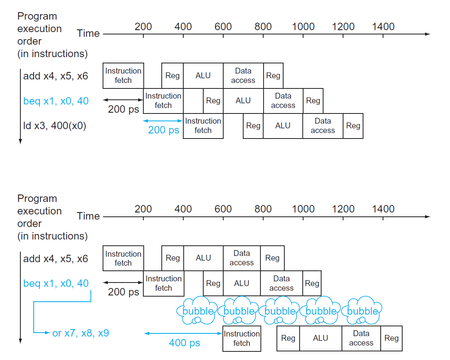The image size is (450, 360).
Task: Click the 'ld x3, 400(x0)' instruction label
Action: pos(54,126)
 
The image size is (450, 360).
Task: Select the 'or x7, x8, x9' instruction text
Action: pos(81,333)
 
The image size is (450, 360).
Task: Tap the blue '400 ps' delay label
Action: pos(184,343)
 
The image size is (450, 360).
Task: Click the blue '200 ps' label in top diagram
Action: pos(163,130)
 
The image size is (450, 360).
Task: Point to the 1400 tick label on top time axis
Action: pos(383,27)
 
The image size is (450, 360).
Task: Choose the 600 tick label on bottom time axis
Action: pos(223,209)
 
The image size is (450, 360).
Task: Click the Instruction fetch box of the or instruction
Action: pos(241,338)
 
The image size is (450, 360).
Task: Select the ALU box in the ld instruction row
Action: pos(283,126)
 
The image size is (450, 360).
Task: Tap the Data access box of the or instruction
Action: pos(361,338)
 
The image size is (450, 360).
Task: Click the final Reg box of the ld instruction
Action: pos(353,126)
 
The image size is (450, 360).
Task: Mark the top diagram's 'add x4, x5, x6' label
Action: pos(56,76)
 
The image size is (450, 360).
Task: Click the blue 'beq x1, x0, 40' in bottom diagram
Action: pos(56,283)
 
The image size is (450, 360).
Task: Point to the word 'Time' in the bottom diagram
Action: pos(88,216)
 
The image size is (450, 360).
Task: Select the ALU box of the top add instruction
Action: pos(203,76)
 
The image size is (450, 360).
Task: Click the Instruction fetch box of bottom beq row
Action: pos(163,283)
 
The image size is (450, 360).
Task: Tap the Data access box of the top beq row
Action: pos(283,101)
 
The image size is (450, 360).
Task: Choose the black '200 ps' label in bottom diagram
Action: pos(123,292)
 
